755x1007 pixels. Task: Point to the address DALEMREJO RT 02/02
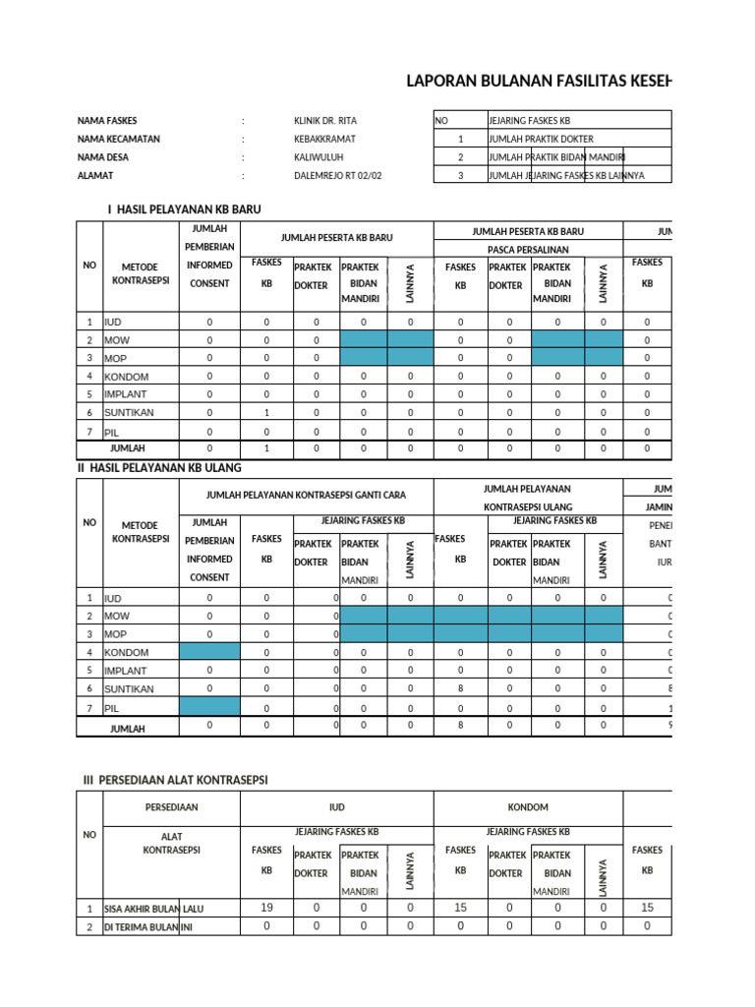(x=338, y=176)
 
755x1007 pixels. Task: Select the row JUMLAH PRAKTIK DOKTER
(x=540, y=139)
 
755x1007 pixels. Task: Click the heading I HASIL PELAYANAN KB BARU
(x=184, y=209)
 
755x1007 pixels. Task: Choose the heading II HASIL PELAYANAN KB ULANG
(x=159, y=467)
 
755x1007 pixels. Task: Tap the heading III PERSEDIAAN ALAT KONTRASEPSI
(x=175, y=780)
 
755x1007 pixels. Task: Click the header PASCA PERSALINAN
(x=528, y=250)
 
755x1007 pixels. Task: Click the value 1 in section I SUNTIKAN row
(x=265, y=413)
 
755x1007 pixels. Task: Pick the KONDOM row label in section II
(x=127, y=652)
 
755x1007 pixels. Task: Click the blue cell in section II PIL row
(x=208, y=707)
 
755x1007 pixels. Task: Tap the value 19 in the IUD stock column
(x=266, y=908)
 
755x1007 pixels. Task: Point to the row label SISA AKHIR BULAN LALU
(x=154, y=909)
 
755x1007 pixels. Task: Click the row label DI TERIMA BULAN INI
(x=148, y=926)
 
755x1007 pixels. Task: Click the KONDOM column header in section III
(x=528, y=807)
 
